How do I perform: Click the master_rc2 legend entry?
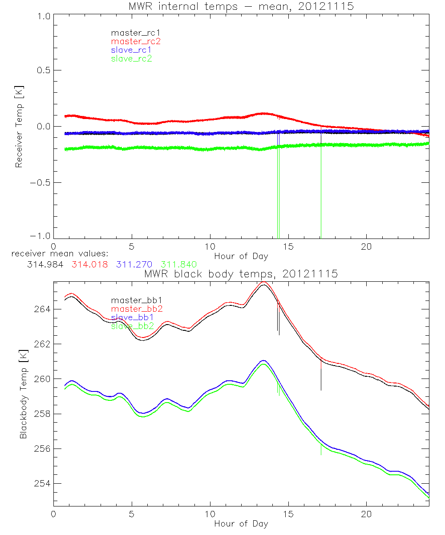[136, 41]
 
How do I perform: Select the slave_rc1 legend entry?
[132, 49]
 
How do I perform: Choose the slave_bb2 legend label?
[132, 326]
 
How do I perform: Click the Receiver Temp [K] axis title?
[19, 127]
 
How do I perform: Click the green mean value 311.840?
[178, 264]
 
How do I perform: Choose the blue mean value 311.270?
[134, 264]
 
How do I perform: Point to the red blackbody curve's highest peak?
[264, 282]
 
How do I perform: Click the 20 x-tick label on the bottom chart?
[367, 514]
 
